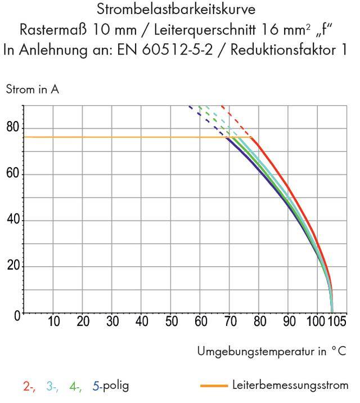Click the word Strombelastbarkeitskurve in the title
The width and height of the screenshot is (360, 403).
click(x=179, y=11)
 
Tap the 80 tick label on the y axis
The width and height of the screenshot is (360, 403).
click(x=12, y=128)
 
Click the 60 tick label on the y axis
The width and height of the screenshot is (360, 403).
click(x=12, y=174)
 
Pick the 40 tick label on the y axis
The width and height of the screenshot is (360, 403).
click(x=12, y=220)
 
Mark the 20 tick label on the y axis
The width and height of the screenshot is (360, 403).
click(x=12, y=266)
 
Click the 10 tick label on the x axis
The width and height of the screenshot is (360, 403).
click(x=53, y=322)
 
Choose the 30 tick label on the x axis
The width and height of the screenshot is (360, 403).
click(x=112, y=322)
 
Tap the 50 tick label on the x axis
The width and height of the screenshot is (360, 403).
click(x=171, y=322)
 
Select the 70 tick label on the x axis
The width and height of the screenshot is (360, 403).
click(x=229, y=322)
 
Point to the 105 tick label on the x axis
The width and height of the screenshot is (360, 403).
click(x=338, y=322)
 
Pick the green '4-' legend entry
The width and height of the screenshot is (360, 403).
click(x=75, y=386)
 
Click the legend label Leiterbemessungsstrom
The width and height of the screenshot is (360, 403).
click(x=290, y=386)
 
